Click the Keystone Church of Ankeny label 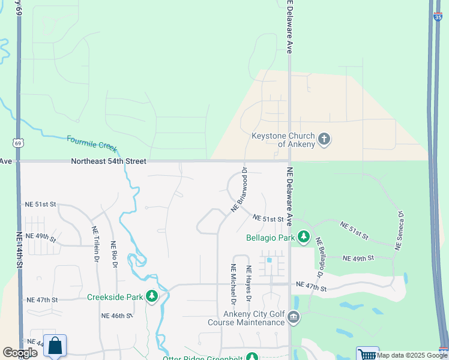click(x=283, y=140)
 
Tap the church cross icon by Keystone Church click(x=324, y=140)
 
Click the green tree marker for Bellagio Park click(x=304, y=238)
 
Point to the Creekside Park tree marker click(x=152, y=296)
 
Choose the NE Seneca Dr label click(x=399, y=230)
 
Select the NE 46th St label click(x=116, y=316)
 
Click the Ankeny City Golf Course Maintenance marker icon click(x=293, y=317)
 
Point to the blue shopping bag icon click(x=55, y=346)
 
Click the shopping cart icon click(x=367, y=353)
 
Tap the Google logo click(x=20, y=353)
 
